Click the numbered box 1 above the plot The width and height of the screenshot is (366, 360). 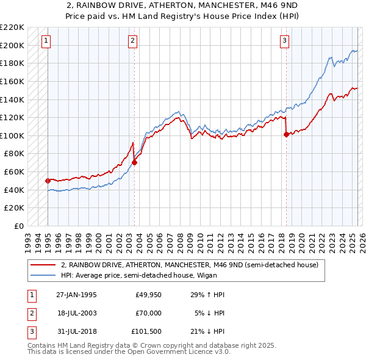pyautogui.click(x=47, y=41)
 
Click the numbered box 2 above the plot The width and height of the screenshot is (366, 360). pyautogui.click(x=133, y=41)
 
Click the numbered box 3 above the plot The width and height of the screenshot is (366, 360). pyautogui.click(x=285, y=41)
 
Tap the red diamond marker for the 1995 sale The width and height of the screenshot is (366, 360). pyautogui.click(x=48, y=181)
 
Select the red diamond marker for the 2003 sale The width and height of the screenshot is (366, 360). pyautogui.click(x=135, y=162)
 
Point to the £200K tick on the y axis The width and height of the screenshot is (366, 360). pyautogui.click(x=13, y=45)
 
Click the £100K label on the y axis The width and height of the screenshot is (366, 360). pyautogui.click(x=13, y=135)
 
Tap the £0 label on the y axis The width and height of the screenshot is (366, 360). pyautogui.click(x=19, y=226)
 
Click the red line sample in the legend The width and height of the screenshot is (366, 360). pyautogui.click(x=43, y=265)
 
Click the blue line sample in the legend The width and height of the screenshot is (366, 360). pyautogui.click(x=43, y=275)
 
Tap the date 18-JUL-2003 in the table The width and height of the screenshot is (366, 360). pyautogui.click(x=76, y=313)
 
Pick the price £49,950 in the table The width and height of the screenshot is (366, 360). pyautogui.click(x=148, y=295)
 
